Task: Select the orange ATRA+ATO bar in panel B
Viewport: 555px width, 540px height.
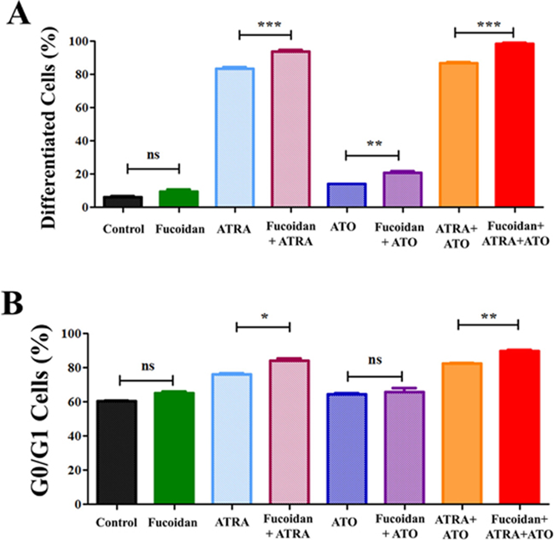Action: (461, 433)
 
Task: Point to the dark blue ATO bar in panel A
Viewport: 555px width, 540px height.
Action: (347, 194)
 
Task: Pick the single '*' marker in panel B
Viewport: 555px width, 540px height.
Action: (263, 316)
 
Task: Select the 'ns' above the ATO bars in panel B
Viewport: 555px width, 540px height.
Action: (374, 361)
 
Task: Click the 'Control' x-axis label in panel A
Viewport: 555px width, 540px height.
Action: (123, 229)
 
